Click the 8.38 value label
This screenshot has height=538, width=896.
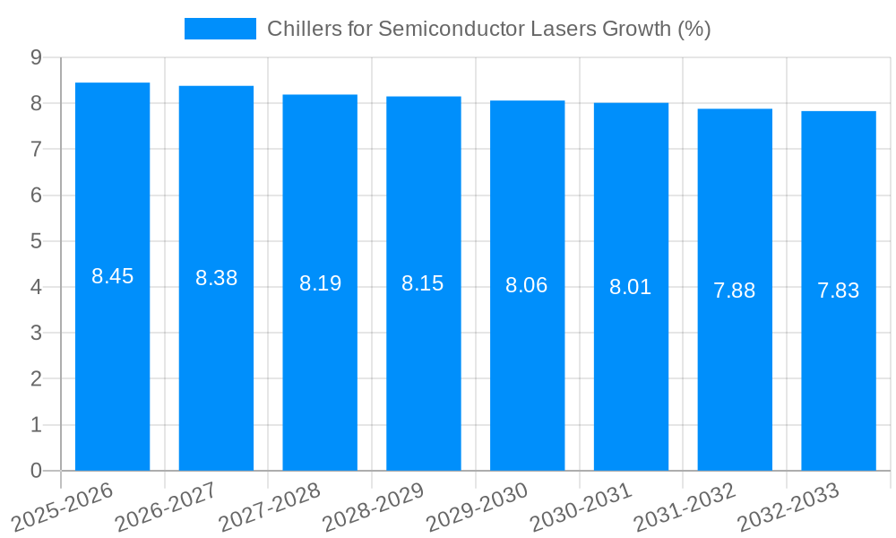pyautogui.click(x=216, y=278)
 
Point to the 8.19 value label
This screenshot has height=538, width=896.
pyautogui.click(x=320, y=283)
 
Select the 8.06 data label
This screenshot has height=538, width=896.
pyautogui.click(x=527, y=286)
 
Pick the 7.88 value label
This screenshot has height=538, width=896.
pyautogui.click(x=735, y=291)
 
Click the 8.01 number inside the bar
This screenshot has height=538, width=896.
pyautogui.click(x=631, y=288)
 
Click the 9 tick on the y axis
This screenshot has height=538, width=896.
pyautogui.click(x=36, y=57)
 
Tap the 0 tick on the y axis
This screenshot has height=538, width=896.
pyautogui.click(x=36, y=471)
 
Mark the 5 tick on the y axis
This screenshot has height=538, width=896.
pyautogui.click(x=36, y=241)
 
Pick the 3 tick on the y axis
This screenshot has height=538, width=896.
pyautogui.click(x=36, y=333)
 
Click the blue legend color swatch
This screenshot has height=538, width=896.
pyautogui.click(x=220, y=29)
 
